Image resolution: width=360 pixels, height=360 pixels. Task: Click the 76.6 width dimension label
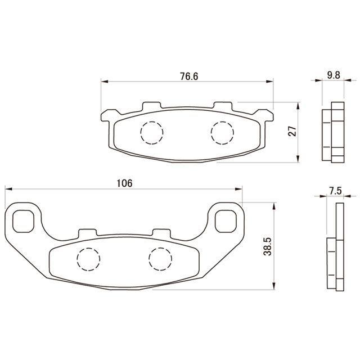tap(189, 76)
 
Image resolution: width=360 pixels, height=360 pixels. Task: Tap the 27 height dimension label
tap(292, 131)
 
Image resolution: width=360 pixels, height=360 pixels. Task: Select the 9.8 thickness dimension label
tap(334, 75)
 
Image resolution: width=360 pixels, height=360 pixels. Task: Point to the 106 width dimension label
tap(125, 183)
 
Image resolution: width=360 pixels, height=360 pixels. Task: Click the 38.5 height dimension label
tap(268, 246)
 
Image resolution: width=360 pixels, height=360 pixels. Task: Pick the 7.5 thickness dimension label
tap(335, 191)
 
